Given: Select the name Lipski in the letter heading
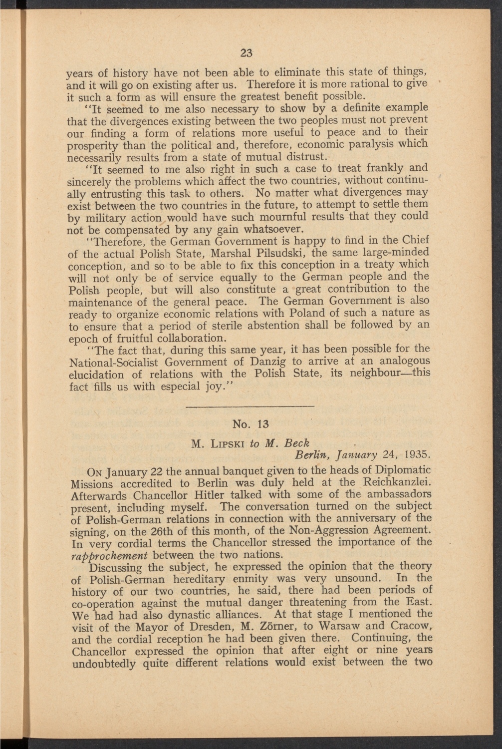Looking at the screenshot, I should [227, 443].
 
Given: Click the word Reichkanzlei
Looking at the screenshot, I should [398, 482].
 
